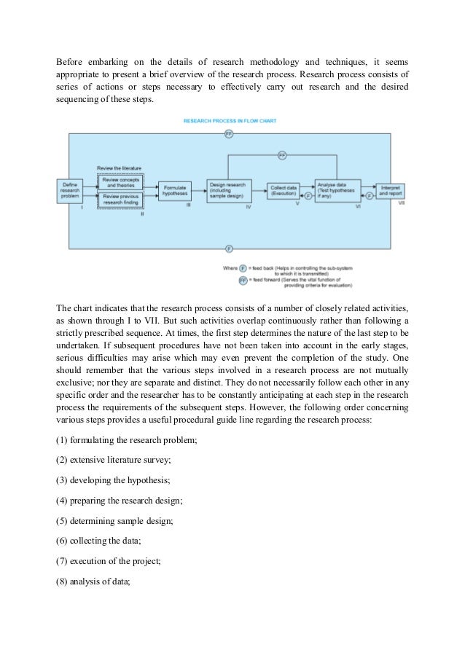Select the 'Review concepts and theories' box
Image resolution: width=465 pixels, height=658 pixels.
point(121,182)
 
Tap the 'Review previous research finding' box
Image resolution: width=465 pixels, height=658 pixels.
point(121,198)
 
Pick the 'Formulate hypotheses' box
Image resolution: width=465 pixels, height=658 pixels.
point(174,190)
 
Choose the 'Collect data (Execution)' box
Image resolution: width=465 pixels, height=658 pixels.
point(283,189)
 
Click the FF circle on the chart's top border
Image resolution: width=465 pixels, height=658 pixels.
point(229,134)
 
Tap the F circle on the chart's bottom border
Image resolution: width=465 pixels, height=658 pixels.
point(229,248)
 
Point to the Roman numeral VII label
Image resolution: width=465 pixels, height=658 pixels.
point(402,204)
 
